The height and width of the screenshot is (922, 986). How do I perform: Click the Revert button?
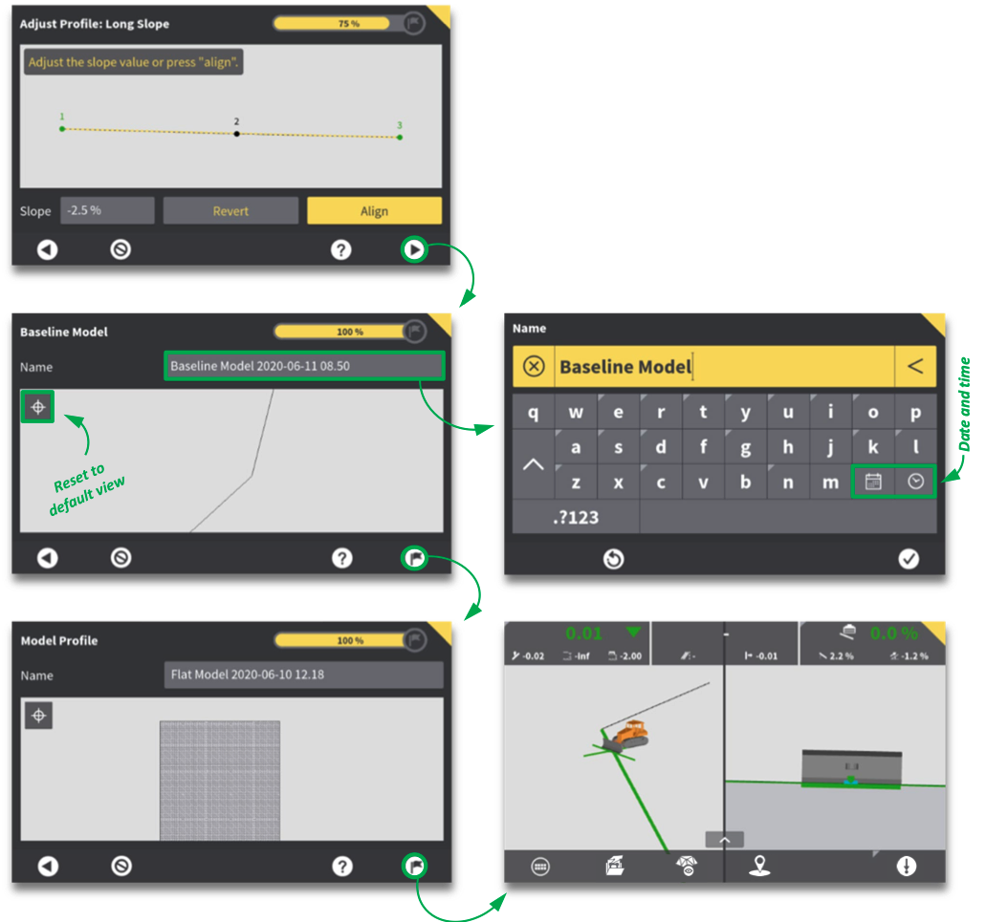230,211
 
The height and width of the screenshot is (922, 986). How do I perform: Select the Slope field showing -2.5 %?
107,210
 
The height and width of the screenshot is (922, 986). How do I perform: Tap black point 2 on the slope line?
236,134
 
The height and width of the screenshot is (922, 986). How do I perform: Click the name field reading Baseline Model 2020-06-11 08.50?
304,366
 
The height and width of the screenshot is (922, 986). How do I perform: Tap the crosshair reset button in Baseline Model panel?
38,407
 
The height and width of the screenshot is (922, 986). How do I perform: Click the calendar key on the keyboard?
873,482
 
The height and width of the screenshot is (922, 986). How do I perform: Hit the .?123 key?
576,518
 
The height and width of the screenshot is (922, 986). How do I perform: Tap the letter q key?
534,412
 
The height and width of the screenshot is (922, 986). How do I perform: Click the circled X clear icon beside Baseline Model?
534,366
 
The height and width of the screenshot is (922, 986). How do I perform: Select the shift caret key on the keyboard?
534,464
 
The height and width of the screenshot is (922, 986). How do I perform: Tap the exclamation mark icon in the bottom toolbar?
906,866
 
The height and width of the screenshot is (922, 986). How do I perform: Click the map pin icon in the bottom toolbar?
759,866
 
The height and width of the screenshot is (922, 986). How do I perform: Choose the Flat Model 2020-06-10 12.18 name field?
304,675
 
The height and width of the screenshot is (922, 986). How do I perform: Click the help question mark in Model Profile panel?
342,866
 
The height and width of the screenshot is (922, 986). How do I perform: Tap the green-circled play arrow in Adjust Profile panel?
414,249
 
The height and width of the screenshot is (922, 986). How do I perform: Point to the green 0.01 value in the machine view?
583,633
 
